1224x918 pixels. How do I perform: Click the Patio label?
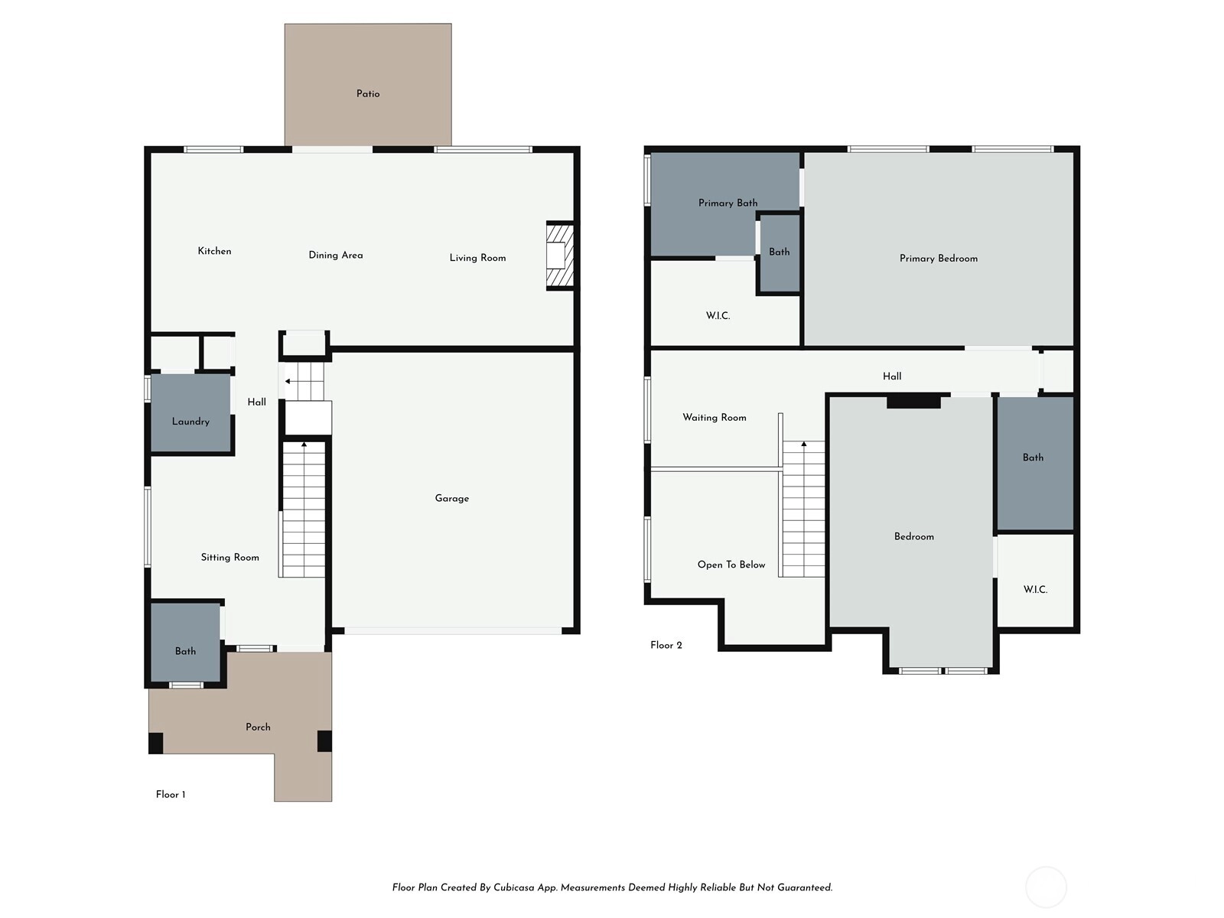tap(368, 93)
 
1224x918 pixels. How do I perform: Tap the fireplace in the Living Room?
tap(560, 256)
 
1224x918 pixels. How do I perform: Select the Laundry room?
tap(190, 412)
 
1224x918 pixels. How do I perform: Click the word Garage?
tap(451, 498)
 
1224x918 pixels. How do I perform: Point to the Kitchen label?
tap(215, 251)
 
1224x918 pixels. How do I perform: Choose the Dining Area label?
tap(336, 256)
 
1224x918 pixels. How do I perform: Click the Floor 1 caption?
tap(171, 794)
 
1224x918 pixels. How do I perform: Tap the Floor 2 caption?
tap(666, 645)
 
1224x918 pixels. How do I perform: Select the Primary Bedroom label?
tap(939, 259)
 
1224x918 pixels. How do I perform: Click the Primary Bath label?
tap(728, 203)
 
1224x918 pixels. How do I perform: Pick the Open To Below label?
tap(731, 565)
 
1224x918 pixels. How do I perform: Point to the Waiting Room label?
tap(715, 418)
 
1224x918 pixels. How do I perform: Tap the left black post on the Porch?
tap(155, 743)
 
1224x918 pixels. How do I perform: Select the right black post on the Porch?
tap(324, 741)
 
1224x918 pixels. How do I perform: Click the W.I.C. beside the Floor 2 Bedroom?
tap(1035, 582)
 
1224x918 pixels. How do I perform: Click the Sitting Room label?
tap(229, 558)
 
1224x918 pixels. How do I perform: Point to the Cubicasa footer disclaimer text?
tap(612, 887)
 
